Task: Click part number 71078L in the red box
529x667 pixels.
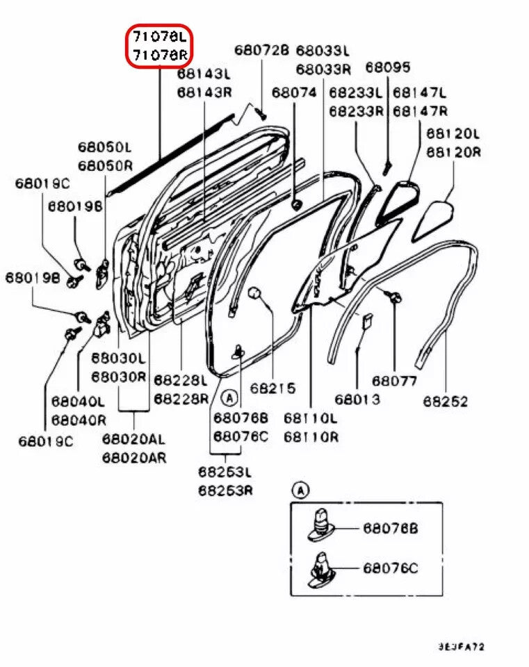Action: pos(159,36)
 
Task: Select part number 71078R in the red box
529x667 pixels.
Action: pos(159,54)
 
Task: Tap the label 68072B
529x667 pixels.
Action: pos(261,50)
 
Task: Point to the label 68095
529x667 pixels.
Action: pos(388,67)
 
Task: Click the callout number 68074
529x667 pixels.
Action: pos(293,92)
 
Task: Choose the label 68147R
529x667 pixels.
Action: pos(420,110)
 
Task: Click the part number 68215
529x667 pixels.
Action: pos(273,388)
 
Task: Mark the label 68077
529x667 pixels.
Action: pos(394,381)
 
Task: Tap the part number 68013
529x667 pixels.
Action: pos(357,400)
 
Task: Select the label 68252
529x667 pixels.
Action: pos(446,401)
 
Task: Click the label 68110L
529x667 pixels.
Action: pos(311,418)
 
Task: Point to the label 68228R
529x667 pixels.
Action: pos(181,398)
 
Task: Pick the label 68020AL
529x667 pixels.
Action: pos(133,439)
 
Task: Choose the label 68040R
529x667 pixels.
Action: pos(79,420)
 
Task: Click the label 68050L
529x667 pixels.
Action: pos(105,147)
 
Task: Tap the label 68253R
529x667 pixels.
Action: pos(225,490)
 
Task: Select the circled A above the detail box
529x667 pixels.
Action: pos(300,491)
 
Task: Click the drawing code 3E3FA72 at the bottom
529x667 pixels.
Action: pos(461,646)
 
